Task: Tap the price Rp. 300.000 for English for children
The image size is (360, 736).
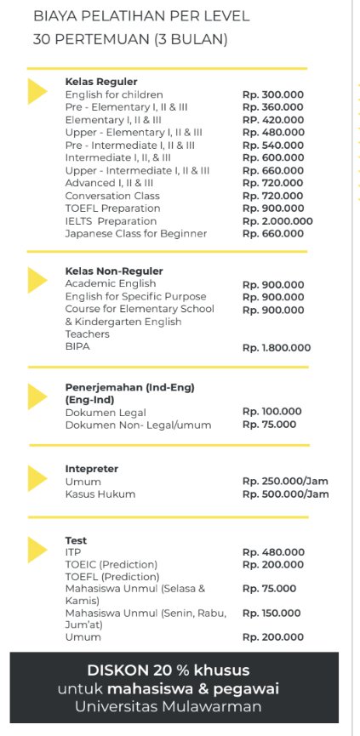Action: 272,94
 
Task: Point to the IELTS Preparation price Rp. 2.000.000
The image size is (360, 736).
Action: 277,221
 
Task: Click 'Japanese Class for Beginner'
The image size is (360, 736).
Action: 135,234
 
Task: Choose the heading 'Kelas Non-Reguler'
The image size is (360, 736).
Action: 113,271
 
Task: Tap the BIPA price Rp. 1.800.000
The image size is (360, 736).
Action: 277,347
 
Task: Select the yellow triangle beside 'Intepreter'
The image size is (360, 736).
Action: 37,478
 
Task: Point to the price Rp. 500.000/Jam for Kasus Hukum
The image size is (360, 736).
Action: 285,494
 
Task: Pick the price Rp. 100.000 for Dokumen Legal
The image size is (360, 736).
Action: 271,412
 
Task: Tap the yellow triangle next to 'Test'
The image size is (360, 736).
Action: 37,549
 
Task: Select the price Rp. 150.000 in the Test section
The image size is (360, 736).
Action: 271,613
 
